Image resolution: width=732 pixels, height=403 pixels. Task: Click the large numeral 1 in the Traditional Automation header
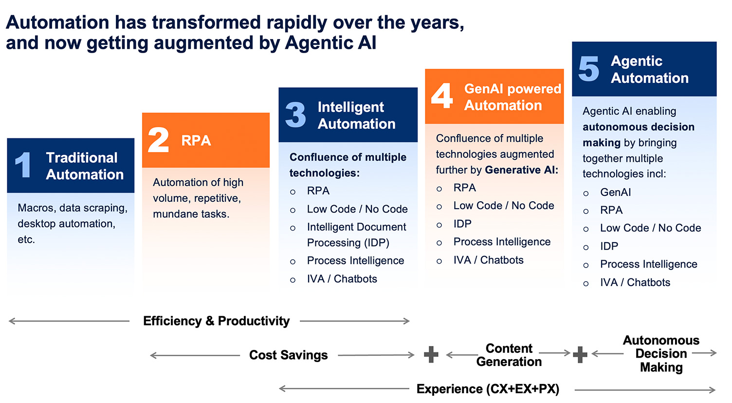[23, 165]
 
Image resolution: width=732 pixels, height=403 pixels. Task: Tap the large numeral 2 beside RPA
[158, 140]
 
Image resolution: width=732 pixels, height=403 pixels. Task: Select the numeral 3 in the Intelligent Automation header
[295, 115]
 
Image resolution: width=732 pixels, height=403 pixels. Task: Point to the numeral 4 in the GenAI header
[442, 96]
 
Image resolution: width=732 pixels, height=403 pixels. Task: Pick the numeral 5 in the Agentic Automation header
[588, 69]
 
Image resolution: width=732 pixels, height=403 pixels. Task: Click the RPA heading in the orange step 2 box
[196, 140]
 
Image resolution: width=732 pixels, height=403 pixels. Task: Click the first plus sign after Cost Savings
[431, 355]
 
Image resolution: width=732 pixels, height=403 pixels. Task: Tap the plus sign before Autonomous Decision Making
[580, 355]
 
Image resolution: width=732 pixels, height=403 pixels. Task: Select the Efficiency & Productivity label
[216, 321]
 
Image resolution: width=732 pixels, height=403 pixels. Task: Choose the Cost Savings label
[288, 355]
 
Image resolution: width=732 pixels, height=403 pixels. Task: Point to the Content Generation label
[509, 355]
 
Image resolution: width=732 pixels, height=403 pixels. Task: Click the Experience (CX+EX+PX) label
[488, 389]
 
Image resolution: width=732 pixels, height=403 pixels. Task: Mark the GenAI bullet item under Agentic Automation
[615, 192]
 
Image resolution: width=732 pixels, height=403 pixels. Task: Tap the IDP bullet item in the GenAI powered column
[462, 224]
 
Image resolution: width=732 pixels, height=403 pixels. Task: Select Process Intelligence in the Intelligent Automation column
[355, 261]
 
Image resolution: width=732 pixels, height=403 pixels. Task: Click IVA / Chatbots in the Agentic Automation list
[635, 282]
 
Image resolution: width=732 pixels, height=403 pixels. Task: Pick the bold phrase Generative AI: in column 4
[521, 170]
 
